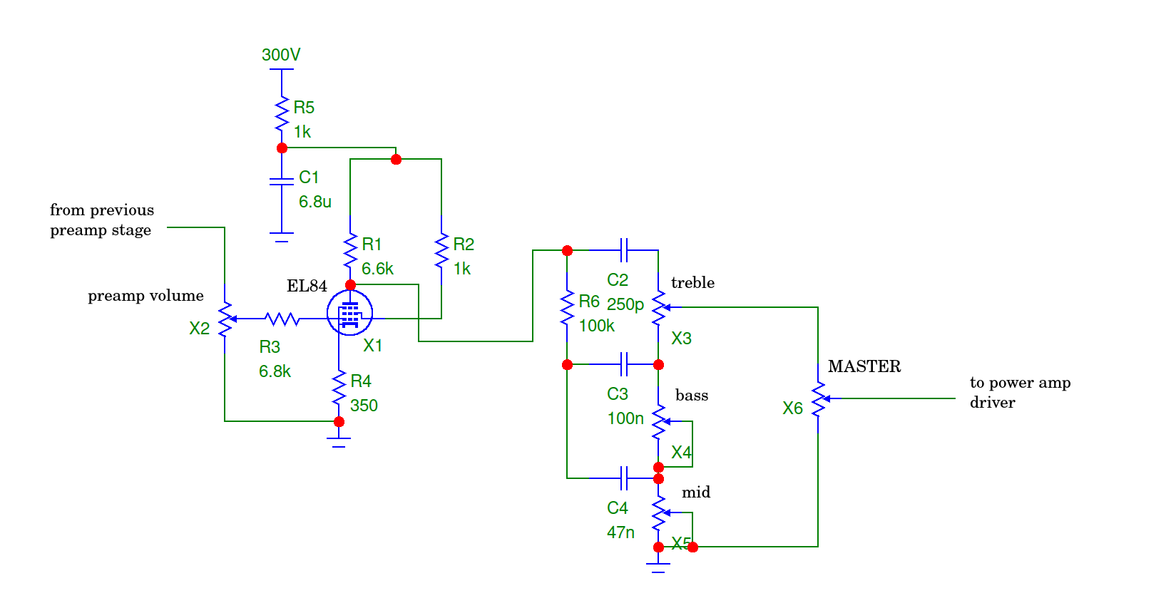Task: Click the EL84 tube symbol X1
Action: coord(349,313)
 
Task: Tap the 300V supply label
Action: coord(281,55)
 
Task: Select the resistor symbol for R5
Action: coord(282,114)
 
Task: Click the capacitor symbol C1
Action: coord(282,181)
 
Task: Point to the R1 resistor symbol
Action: coord(350,251)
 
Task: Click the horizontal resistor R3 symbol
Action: coord(282,319)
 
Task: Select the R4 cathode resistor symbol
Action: coord(339,388)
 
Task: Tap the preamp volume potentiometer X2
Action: coord(225,319)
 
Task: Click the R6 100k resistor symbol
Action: coord(567,308)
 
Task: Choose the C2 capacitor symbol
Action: coord(624,250)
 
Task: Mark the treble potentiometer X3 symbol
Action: coord(659,308)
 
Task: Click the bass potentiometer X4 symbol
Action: coord(659,422)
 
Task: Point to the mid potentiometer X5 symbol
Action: coord(659,512)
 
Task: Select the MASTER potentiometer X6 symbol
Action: coord(819,398)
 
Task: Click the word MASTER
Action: coord(864,366)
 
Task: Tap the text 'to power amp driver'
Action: coord(1019,392)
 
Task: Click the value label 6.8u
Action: coord(314,202)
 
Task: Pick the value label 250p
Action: coord(625,304)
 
